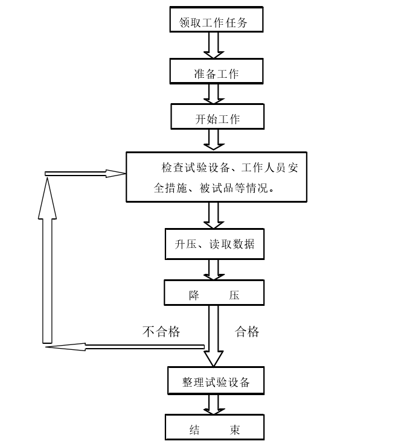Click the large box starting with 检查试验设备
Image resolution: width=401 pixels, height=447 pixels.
pyautogui.click(x=216, y=177)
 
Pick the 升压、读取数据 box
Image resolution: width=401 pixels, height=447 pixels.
pyautogui.click(x=214, y=244)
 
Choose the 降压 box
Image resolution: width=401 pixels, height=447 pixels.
pyautogui.click(x=214, y=293)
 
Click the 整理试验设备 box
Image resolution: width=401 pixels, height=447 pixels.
pyautogui.click(x=216, y=381)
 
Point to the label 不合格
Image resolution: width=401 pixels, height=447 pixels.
pyautogui.click(x=161, y=331)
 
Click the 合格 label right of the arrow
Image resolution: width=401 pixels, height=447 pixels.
pyautogui.click(x=247, y=331)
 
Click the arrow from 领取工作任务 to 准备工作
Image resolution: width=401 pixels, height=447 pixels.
pyautogui.click(x=214, y=45)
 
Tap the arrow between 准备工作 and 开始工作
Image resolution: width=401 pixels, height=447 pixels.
pyautogui.click(x=214, y=94)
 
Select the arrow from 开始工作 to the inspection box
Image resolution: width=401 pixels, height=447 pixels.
pyautogui.click(x=214, y=140)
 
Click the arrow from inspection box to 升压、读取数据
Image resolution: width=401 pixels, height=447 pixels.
pyautogui.click(x=214, y=215)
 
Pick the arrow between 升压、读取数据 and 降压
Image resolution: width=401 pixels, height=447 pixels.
pyautogui.click(x=214, y=270)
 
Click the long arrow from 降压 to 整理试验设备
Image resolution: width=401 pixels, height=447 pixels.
pyautogui.click(x=214, y=335)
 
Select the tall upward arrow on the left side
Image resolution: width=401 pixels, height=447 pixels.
pyautogui.click(x=47, y=259)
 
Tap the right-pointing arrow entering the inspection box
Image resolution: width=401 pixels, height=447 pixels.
pyautogui.click(x=85, y=174)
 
